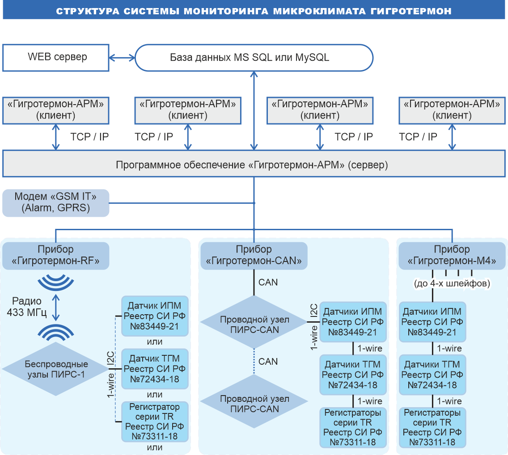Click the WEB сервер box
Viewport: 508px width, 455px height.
56,57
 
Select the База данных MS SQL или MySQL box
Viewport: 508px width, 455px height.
254,57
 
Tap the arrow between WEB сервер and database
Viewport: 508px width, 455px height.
122,57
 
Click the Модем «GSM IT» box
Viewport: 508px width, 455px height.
56,203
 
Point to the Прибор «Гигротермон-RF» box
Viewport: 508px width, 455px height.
56,256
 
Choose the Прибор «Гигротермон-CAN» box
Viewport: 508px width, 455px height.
254,256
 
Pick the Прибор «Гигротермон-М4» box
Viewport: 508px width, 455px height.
452,256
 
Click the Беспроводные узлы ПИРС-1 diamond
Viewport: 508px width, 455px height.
56,369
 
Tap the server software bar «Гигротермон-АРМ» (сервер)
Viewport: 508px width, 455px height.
254,164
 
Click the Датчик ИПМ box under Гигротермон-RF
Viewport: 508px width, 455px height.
155,316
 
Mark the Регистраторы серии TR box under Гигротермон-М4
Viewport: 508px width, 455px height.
432,427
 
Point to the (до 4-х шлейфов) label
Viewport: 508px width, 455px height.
452,283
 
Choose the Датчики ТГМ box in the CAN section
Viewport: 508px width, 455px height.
353,375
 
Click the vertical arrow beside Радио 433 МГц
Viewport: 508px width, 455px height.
56,307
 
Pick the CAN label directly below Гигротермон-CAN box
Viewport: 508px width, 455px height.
268,282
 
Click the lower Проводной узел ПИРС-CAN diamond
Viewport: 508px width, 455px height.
254,404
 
